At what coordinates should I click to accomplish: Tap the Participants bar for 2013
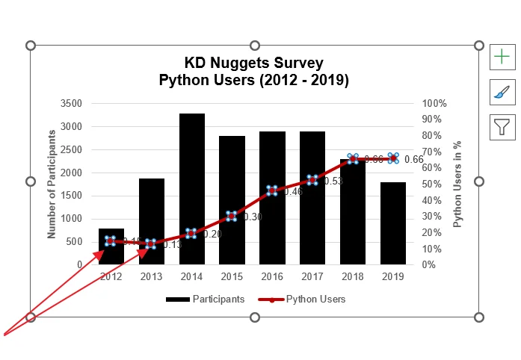(x=152, y=221)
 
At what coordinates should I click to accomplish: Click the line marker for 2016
(x=272, y=190)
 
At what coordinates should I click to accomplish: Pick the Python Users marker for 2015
(x=232, y=216)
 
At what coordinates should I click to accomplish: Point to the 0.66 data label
(x=413, y=159)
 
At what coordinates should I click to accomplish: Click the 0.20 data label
(x=212, y=234)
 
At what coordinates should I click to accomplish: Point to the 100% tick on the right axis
(x=434, y=103)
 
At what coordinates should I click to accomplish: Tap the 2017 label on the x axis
(x=312, y=276)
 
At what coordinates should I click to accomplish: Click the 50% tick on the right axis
(x=431, y=184)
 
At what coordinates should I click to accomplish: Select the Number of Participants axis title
(x=52, y=184)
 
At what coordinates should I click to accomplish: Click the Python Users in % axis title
(x=457, y=184)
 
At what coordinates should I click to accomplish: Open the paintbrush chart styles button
(x=502, y=92)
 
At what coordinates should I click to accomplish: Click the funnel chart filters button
(x=502, y=128)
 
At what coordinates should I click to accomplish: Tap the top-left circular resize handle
(x=31, y=46)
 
